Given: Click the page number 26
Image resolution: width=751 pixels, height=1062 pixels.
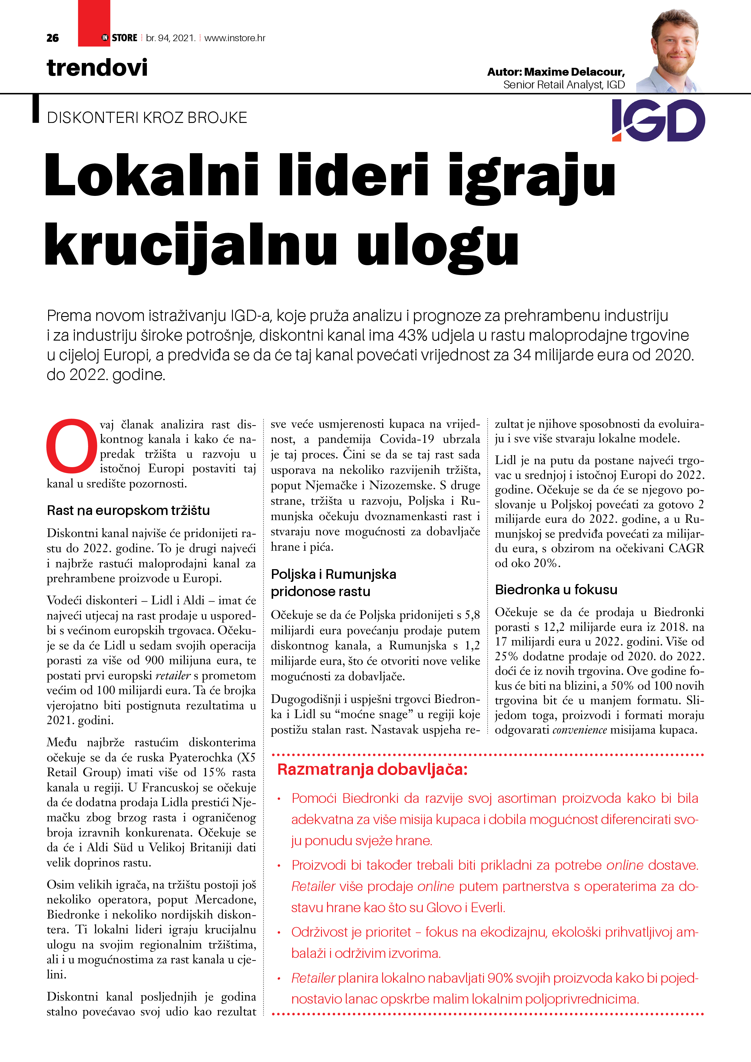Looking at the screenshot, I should (x=53, y=38).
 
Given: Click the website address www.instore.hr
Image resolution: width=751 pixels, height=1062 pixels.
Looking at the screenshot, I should (x=235, y=38).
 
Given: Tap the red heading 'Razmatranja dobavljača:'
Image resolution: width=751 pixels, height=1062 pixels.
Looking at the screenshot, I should (x=372, y=770).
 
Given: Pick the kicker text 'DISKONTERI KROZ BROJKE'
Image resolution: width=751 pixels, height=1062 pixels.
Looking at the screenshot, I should (x=147, y=118).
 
